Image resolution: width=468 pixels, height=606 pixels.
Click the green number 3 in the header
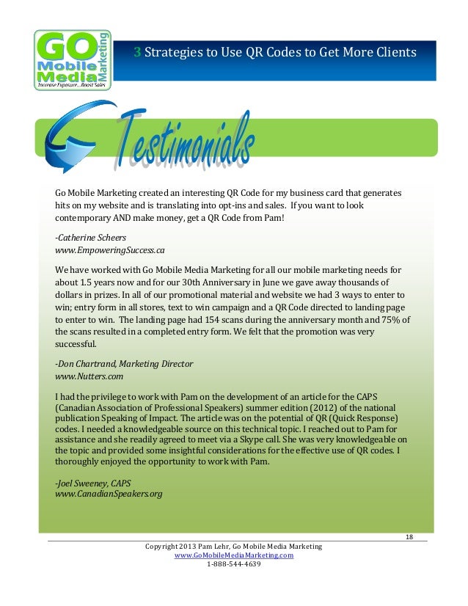[137, 52]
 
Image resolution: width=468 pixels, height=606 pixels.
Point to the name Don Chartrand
[87, 364]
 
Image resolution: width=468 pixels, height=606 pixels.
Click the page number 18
[409, 539]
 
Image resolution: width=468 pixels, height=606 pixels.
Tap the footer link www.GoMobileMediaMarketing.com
[233, 556]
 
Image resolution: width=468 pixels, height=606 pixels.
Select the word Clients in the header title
[393, 52]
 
